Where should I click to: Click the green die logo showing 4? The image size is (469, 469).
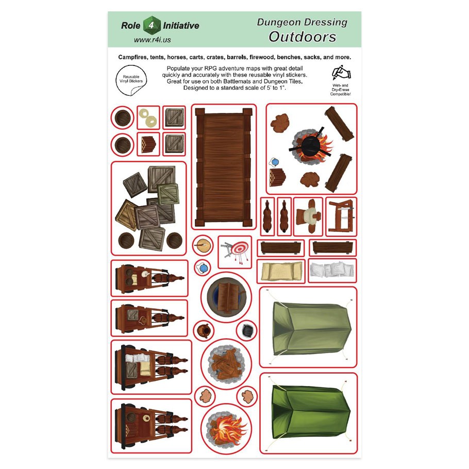[x=152, y=25]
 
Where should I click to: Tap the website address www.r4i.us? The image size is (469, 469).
[x=152, y=40]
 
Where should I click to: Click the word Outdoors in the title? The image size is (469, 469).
[x=303, y=37]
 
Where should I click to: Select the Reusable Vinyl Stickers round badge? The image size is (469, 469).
[x=131, y=80]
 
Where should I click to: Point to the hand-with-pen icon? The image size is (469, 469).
[x=341, y=73]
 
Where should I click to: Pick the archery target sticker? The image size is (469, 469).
[x=235, y=252]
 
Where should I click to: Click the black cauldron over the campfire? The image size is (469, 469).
[x=310, y=145]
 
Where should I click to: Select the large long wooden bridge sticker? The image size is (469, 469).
[x=224, y=167]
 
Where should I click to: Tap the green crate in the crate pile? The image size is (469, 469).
[x=168, y=194]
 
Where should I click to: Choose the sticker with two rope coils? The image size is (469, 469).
[x=148, y=118]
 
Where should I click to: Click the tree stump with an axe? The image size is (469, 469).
[x=203, y=245]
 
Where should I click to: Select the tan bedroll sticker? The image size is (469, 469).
[x=281, y=271]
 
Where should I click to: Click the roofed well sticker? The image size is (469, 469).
[x=226, y=297]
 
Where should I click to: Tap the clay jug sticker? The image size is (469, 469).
[x=204, y=331]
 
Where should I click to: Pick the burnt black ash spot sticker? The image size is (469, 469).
[x=247, y=330]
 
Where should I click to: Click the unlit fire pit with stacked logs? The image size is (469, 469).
[x=226, y=364]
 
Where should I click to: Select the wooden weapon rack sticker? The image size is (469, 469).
[x=341, y=216]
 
